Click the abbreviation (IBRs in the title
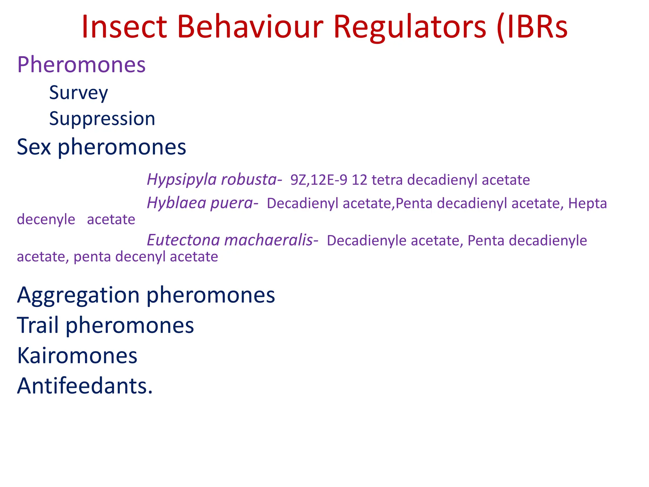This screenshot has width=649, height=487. click(x=532, y=28)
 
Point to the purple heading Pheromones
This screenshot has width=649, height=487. click(x=81, y=65)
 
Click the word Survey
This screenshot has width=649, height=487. click(x=79, y=93)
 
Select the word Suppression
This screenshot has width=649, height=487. click(x=102, y=119)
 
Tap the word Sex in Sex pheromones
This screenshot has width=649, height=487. click(x=34, y=147)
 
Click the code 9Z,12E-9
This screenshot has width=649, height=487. click(x=319, y=180)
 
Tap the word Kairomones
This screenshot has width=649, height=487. click(x=77, y=356)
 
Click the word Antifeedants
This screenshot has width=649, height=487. click(x=85, y=386)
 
